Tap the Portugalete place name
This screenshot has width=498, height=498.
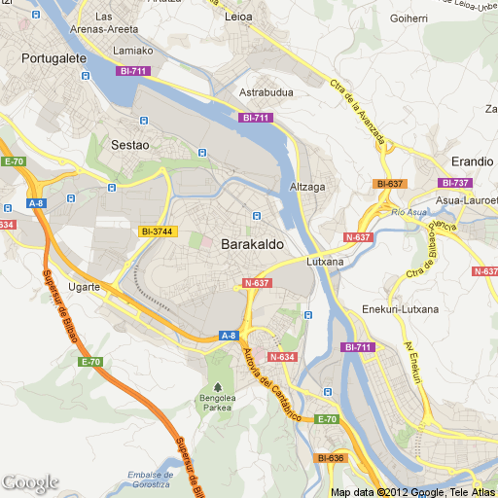pos(55,58)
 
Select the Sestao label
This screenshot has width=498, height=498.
pos(130,145)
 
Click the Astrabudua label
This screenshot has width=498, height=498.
pos(267,92)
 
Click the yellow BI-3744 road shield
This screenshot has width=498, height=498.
pos(157,231)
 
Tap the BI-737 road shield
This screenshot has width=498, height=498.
pos(454,183)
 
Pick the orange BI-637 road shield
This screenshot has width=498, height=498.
pos(389,184)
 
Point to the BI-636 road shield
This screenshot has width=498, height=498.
pos(331,458)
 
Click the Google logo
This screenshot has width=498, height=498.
pos(30,482)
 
